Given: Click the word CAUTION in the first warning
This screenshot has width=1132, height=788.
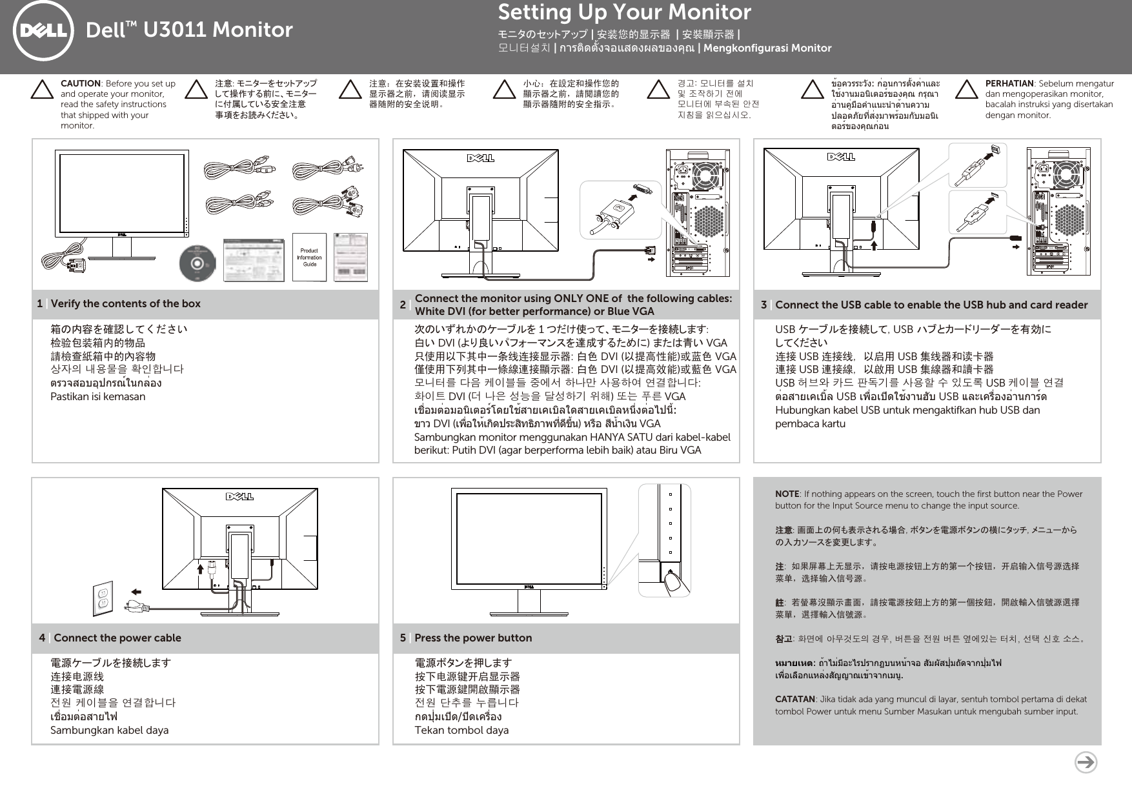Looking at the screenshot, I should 80,83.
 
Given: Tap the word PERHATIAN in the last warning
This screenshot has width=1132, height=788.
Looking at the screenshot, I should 1009,83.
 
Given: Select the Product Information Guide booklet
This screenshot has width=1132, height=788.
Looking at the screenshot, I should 309,257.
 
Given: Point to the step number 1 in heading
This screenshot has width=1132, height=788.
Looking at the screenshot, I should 40,304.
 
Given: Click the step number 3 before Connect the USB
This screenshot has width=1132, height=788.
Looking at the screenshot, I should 763,305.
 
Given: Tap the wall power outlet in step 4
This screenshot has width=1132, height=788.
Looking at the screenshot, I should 103,598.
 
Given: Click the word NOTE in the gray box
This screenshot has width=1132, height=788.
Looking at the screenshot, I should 787,494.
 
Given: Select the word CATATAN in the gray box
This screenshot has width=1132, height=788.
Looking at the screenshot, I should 794,700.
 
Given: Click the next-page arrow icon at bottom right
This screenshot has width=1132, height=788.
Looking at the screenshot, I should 1086,762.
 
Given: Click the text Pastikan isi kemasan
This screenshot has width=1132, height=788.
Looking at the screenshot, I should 98,397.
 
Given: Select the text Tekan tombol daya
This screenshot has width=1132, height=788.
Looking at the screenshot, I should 461,731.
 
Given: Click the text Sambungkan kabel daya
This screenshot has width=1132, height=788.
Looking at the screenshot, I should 110,731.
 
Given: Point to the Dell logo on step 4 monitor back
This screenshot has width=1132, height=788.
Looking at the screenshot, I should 239,496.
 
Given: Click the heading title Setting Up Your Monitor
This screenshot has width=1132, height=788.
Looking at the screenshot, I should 624,12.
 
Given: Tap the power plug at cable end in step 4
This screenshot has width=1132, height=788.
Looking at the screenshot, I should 136,606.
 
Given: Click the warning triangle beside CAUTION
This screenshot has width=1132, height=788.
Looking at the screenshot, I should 42,90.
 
